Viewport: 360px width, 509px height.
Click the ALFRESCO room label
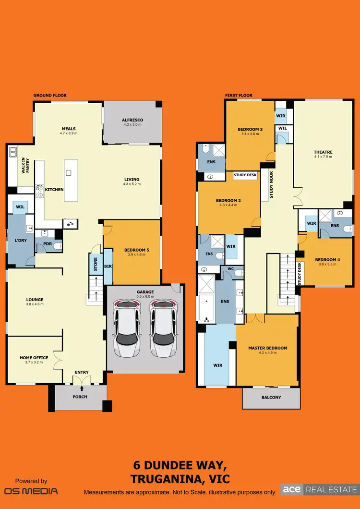click(x=132, y=120)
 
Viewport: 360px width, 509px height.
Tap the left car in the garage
click(x=127, y=329)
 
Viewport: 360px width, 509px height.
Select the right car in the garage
click(x=162, y=329)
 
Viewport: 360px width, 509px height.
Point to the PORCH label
click(x=80, y=397)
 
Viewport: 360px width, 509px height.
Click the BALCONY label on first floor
click(x=271, y=397)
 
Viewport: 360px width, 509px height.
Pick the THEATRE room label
click(x=323, y=152)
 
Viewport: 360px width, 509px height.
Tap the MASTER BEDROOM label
click(x=267, y=348)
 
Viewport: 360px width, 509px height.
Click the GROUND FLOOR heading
click(x=50, y=96)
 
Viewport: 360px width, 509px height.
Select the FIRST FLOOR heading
click(x=239, y=96)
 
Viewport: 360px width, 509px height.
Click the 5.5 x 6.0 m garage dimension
click(x=145, y=297)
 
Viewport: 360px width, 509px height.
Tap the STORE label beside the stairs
click(x=96, y=264)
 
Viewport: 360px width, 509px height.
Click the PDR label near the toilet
click(x=47, y=244)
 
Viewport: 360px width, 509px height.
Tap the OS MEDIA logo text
click(x=31, y=491)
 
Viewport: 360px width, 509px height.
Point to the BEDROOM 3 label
click(x=250, y=129)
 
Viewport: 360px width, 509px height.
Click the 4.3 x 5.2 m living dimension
click(x=133, y=183)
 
